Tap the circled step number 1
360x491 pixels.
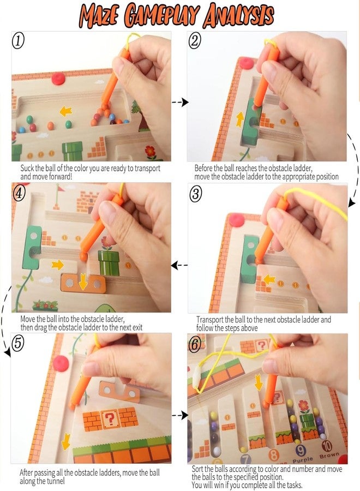[x=18, y=41]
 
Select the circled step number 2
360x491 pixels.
[x=195, y=41]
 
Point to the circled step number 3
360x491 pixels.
[x=196, y=194]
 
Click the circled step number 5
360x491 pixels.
[x=18, y=343]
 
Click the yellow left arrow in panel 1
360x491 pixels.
[x=66, y=111]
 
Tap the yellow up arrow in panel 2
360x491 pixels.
[x=240, y=119]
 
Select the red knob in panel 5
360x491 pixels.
[x=61, y=363]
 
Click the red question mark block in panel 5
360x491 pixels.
[x=110, y=418]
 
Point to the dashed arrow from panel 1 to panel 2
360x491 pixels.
[x=179, y=102]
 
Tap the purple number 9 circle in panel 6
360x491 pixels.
[x=300, y=451]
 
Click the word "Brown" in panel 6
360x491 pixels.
[x=329, y=456]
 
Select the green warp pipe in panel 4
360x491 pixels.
[x=109, y=262]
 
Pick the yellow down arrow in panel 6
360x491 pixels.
[x=258, y=382]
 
